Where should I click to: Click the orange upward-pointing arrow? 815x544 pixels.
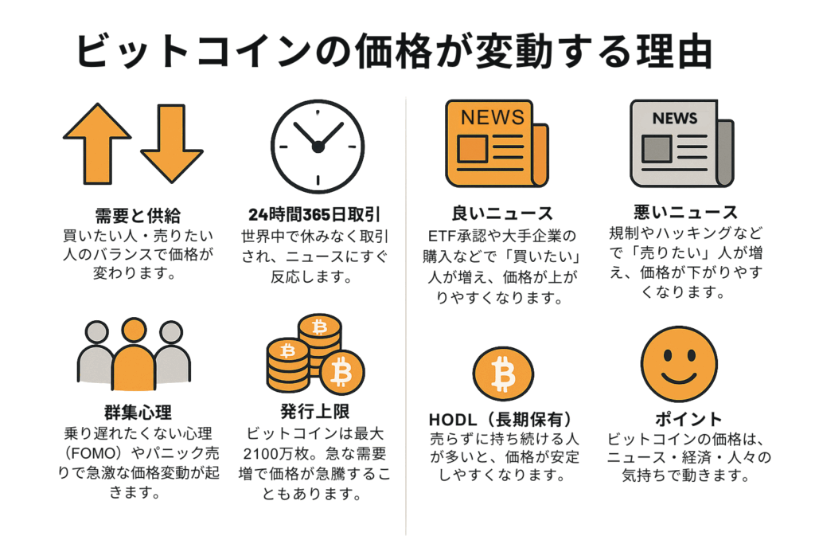click(x=97, y=143)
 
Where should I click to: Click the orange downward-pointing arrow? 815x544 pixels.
click(x=172, y=143)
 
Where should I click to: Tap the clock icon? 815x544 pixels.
click(x=318, y=146)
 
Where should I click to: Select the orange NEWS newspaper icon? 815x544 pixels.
click(x=497, y=143)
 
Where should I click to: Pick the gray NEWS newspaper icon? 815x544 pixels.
click(x=682, y=143)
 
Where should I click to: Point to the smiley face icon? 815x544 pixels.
click(x=679, y=364)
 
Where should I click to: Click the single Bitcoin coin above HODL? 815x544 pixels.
click(x=503, y=374)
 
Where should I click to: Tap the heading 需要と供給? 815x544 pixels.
click(x=138, y=215)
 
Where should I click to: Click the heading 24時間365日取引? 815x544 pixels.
click(x=314, y=214)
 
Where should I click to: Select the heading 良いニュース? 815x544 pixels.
click(x=502, y=213)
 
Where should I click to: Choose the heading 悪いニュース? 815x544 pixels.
click(x=685, y=212)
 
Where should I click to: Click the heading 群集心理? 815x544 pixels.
click(x=138, y=413)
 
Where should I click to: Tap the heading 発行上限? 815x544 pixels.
click(x=315, y=411)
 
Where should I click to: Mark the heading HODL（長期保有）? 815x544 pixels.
click(x=501, y=419)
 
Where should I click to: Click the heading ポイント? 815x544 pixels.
click(x=688, y=419)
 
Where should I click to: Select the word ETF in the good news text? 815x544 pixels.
click(x=442, y=237)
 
